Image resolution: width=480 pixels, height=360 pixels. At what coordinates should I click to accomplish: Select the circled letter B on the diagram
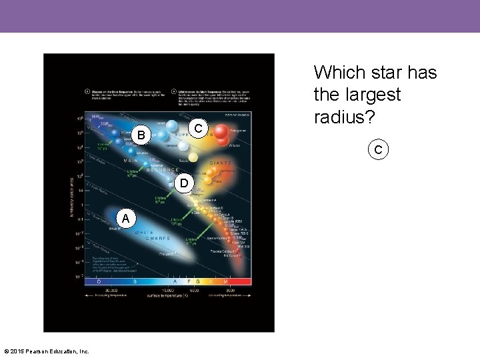click(x=141, y=136)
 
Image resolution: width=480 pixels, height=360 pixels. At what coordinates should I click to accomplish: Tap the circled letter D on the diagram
click(x=185, y=182)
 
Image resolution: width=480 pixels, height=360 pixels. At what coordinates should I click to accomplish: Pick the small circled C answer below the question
click(x=377, y=150)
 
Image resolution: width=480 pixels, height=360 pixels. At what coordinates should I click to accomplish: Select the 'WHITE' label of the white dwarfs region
click(x=145, y=233)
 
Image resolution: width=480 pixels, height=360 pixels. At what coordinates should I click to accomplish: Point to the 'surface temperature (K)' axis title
click(x=168, y=295)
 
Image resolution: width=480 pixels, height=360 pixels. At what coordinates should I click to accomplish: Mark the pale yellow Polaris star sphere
click(x=193, y=157)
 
